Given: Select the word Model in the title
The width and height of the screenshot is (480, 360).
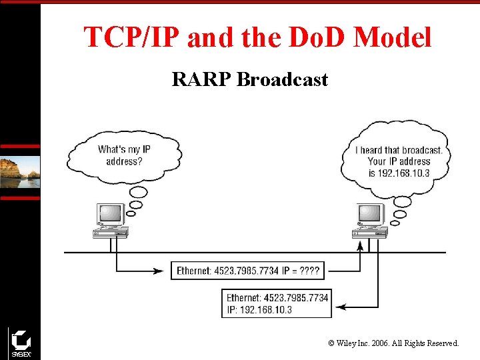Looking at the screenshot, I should (x=393, y=37).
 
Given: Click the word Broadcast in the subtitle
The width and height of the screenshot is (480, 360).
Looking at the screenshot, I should (x=283, y=80).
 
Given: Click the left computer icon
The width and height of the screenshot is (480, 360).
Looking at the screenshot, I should (x=111, y=221).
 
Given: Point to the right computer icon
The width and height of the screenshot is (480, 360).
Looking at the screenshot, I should (x=370, y=221).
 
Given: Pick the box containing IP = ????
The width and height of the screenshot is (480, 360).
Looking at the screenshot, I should (x=248, y=271).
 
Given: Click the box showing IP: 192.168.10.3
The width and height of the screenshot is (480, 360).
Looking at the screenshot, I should (x=277, y=304).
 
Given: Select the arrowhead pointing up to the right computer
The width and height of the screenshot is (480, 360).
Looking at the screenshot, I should (x=361, y=245).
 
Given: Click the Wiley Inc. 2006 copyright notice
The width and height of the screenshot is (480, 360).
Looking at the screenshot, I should (x=393, y=343).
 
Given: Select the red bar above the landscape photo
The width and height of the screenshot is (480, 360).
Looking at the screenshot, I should (x=20, y=146).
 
